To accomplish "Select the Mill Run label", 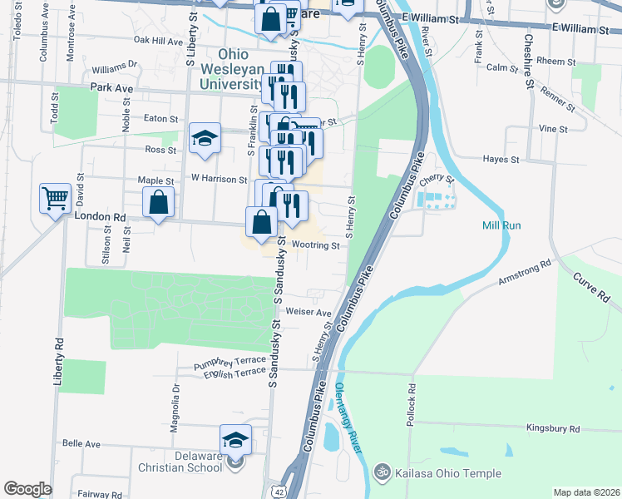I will [x=501, y=225].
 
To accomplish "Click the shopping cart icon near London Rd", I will [x=55, y=199].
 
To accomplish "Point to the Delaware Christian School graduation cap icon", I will [x=235, y=438].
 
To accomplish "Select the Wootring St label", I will [x=315, y=245].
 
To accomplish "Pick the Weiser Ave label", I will [x=308, y=313].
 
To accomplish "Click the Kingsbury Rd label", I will [x=552, y=428].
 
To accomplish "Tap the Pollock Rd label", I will [x=411, y=407].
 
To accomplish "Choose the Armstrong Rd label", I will [x=525, y=274].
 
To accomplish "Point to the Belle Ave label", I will [x=81, y=444].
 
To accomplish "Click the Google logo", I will [x=27, y=489].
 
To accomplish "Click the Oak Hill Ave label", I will [x=157, y=40].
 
